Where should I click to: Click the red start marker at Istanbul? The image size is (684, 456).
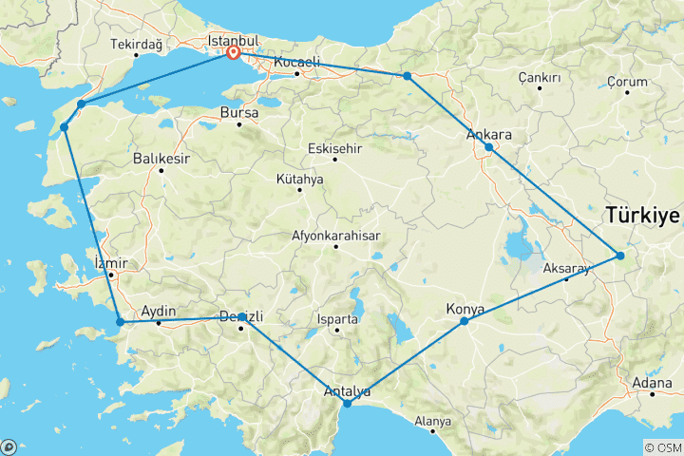pyautogui.click(x=233, y=52)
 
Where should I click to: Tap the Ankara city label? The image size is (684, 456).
pyautogui.click(x=488, y=134)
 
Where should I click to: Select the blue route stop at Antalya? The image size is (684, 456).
pyautogui.click(x=347, y=404)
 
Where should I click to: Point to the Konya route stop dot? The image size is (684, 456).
pyautogui.click(x=465, y=321)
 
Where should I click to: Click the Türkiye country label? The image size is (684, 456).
pyautogui.click(x=644, y=216)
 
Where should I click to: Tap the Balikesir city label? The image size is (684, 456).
pyautogui.click(x=161, y=158)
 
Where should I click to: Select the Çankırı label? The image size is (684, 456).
pyautogui.click(x=541, y=77)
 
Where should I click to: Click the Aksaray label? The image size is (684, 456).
pyautogui.click(x=566, y=268)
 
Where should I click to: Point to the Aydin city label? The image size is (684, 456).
pyautogui.click(x=159, y=311)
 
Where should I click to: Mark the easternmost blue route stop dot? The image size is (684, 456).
pyautogui.click(x=619, y=255)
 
